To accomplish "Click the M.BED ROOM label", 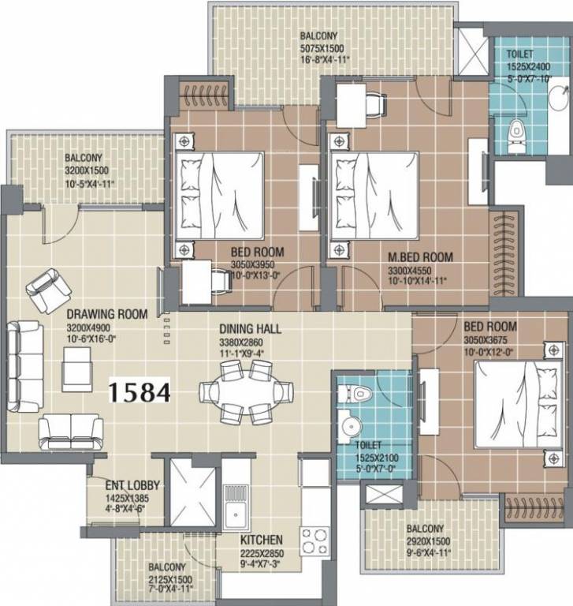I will pos(419,257).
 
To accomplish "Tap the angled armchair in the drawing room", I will pos(45,288).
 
